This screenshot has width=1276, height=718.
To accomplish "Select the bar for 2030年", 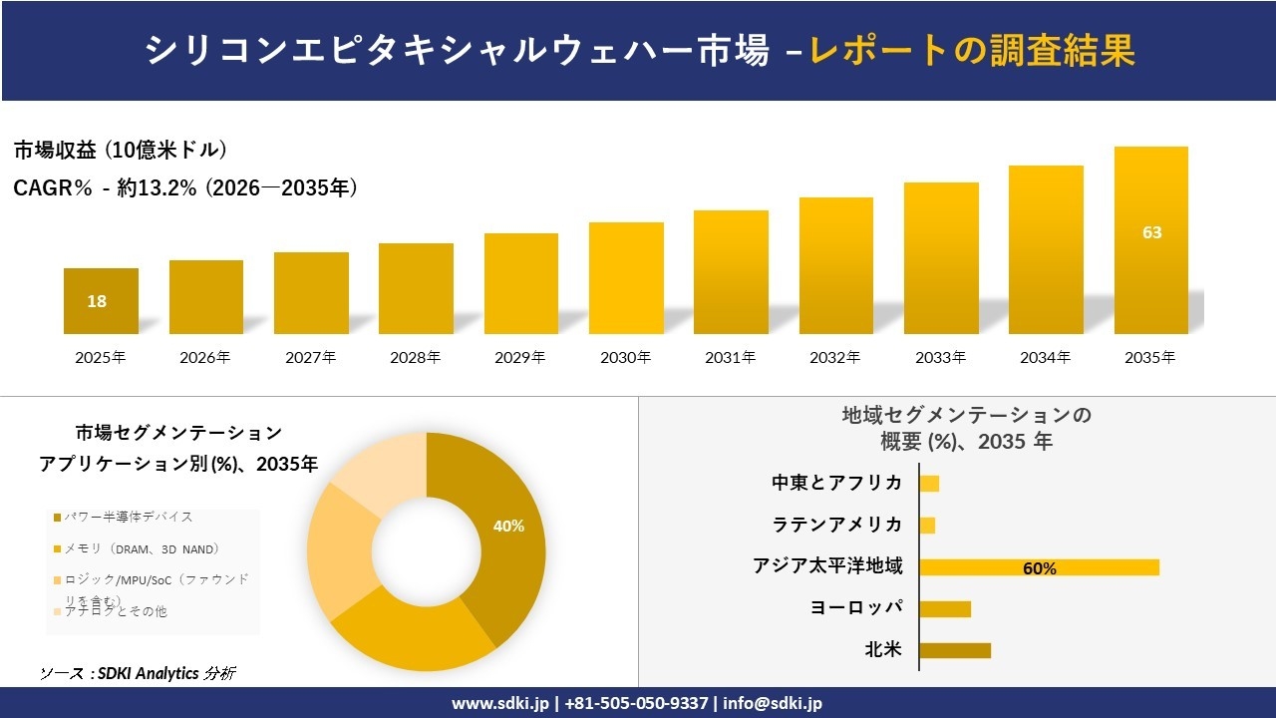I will (626, 278).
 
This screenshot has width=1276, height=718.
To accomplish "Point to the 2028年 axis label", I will (416, 357).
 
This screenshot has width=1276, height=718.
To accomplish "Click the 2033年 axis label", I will (941, 357).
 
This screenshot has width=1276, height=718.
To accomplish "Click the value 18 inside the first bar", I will (97, 301).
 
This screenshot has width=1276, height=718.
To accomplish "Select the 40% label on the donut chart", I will (508, 526).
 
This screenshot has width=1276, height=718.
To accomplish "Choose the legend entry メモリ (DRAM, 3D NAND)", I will (137, 549).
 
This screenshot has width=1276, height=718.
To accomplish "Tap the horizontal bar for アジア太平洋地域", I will (1039, 567).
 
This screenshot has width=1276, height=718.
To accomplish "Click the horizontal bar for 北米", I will (955, 650).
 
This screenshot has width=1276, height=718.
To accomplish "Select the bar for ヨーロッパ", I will (945, 608).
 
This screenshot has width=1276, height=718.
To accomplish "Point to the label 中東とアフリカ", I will (837, 483).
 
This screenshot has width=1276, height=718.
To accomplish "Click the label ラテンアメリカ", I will (837, 525).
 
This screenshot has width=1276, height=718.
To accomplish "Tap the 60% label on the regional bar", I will (1039, 568).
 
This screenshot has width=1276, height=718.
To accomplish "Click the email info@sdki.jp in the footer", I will (774, 703).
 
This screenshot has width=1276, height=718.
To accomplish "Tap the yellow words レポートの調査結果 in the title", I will (971, 51).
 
